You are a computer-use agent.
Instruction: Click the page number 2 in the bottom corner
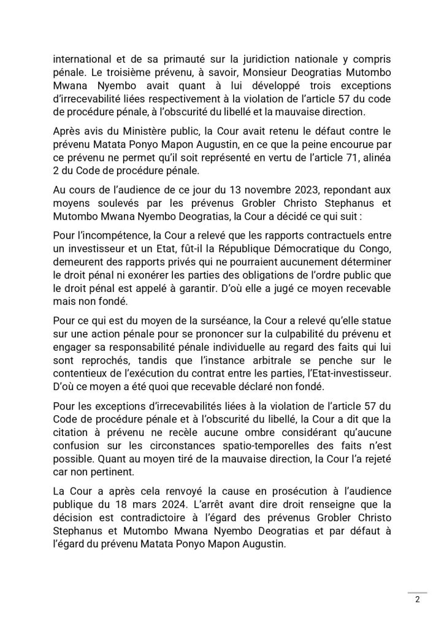coord(416,600)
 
